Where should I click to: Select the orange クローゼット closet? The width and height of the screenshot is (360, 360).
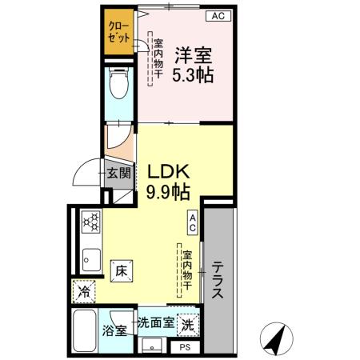click(x=119, y=31)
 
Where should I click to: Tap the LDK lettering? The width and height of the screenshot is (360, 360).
click(x=166, y=171)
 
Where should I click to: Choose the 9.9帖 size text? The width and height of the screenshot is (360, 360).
click(x=167, y=192)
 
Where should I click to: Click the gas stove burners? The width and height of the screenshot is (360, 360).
click(x=89, y=220)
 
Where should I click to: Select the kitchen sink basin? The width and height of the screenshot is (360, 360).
click(x=90, y=260)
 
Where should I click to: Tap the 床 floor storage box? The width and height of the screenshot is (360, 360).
click(x=121, y=270)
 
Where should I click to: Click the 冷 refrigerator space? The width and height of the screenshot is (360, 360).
click(x=84, y=292)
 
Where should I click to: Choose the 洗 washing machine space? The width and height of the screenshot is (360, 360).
click(x=186, y=326)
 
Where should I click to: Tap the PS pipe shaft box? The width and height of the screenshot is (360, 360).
click(x=184, y=347)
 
